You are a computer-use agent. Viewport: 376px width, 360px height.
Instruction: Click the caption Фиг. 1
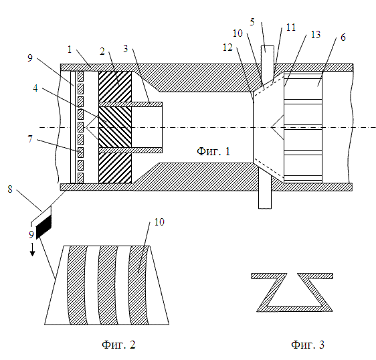213,152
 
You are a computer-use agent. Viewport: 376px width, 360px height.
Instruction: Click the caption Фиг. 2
118,345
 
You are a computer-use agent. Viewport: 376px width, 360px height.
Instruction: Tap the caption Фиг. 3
308,345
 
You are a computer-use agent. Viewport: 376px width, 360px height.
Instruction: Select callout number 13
316,35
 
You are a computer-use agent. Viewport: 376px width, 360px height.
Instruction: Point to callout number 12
227,48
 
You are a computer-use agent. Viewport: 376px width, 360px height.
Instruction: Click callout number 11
291,27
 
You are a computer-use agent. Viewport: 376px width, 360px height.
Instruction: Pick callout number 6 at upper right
343,37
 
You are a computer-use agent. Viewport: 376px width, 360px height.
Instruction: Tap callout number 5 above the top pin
252,22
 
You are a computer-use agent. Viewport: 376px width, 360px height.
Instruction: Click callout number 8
10,189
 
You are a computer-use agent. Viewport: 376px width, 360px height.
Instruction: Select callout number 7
30,139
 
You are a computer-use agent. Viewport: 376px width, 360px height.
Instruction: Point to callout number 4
35,88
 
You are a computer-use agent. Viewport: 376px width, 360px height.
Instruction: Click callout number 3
126,49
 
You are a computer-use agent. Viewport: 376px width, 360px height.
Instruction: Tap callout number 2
102,52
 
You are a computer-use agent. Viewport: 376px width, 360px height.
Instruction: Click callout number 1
70,50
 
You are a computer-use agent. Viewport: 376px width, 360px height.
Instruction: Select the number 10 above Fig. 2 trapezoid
159,222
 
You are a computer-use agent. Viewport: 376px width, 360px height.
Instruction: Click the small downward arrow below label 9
32,250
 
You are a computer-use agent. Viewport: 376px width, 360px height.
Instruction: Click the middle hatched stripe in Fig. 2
108,285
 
